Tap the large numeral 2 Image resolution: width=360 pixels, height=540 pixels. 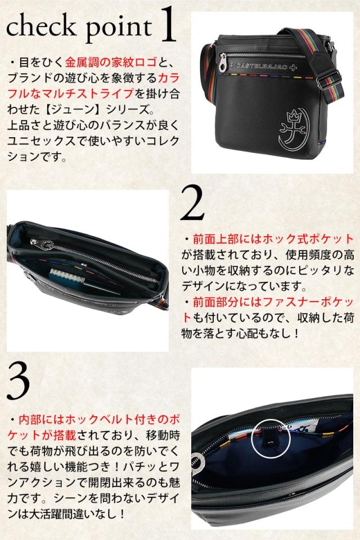(192, 202)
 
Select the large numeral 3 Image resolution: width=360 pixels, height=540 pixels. (19, 382)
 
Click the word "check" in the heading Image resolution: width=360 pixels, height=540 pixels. (41, 26)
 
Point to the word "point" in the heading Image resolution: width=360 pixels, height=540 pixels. (118, 29)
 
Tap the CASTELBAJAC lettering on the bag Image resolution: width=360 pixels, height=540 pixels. (262, 65)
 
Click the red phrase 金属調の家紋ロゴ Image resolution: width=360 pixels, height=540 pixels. (111, 62)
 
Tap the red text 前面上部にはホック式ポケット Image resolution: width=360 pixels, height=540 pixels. (268, 238)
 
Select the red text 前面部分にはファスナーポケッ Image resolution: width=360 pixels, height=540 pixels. (273, 302)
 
